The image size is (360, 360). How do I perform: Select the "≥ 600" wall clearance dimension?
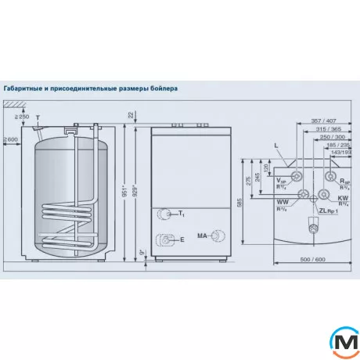10,140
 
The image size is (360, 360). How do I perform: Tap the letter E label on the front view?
181,240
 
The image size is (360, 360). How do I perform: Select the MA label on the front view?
202,235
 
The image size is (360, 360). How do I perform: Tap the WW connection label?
280,202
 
